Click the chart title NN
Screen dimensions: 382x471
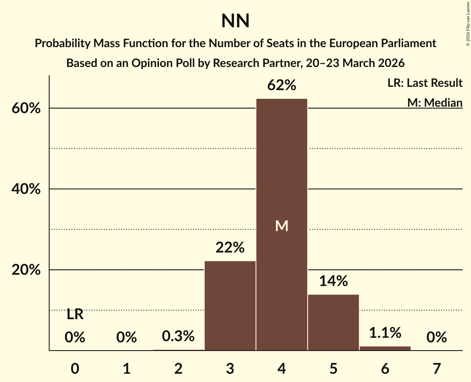(x=235, y=21)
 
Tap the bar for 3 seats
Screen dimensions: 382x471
(x=230, y=306)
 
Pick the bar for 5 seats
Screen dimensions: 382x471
(x=333, y=322)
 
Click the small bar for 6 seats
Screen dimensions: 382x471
(x=385, y=348)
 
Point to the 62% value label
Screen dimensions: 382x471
(x=282, y=86)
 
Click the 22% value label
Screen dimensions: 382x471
(x=230, y=248)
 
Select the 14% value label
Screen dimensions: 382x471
(x=333, y=281)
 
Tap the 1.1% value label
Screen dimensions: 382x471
(x=385, y=333)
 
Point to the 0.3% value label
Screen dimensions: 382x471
(x=178, y=337)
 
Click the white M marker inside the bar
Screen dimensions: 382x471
(x=282, y=226)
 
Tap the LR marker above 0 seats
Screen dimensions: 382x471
(x=75, y=315)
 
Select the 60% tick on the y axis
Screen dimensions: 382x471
(x=26, y=109)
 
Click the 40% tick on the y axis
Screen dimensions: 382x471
(x=26, y=189)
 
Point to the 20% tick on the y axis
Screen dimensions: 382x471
(x=26, y=270)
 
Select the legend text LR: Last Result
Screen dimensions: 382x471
(x=425, y=83)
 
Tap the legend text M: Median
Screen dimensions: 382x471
(x=435, y=103)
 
